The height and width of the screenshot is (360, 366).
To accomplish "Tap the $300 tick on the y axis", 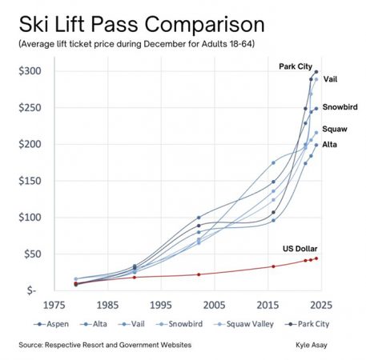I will [x=30, y=71].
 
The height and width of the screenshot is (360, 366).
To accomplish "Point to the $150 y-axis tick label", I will [x=30, y=181].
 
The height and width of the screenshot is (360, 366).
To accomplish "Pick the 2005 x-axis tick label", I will [x=212, y=305].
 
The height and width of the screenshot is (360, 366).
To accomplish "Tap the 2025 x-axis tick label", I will [x=319, y=305].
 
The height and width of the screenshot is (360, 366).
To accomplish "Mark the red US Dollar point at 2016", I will [x=273, y=266].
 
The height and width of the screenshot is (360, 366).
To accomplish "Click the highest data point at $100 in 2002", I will [x=199, y=218].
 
